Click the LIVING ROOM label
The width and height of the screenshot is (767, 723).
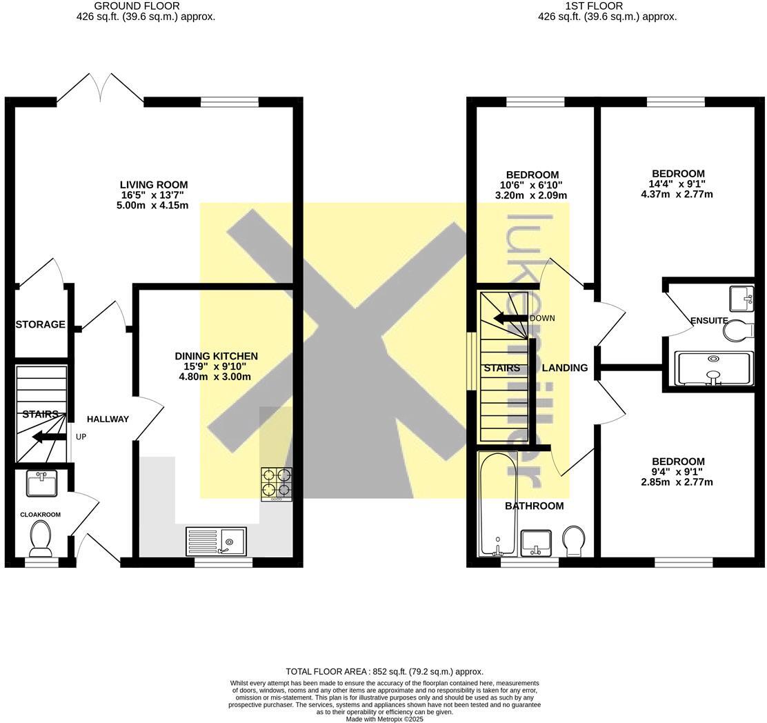(154, 185)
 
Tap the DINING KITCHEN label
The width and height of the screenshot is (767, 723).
(216, 356)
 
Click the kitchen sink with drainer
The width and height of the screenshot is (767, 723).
(216, 541)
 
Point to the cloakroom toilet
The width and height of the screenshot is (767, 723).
(41, 538)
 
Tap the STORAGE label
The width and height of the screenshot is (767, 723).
(41, 324)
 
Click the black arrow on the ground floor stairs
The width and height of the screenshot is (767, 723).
(49, 436)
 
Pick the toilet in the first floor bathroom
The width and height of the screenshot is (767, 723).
(573, 541)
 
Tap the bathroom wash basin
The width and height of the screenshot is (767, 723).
(535, 542)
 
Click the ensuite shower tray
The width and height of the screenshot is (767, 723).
(713, 368)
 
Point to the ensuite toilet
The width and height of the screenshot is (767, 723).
(738, 330)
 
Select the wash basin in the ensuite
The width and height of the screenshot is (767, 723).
(742, 298)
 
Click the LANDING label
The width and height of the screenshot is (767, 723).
(564, 368)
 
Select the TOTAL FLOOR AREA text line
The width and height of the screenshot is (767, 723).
(384, 671)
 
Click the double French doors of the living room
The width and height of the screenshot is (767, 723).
(101, 90)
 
